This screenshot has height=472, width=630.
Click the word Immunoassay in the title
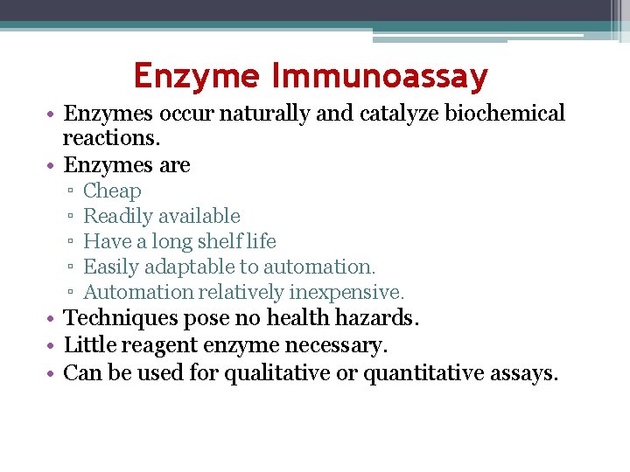tap(380, 77)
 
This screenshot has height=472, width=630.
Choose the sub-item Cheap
tap(112, 191)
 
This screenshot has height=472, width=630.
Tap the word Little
tap(90, 346)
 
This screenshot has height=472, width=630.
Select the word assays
tap(525, 375)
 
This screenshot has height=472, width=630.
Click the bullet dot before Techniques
tap(54, 319)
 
